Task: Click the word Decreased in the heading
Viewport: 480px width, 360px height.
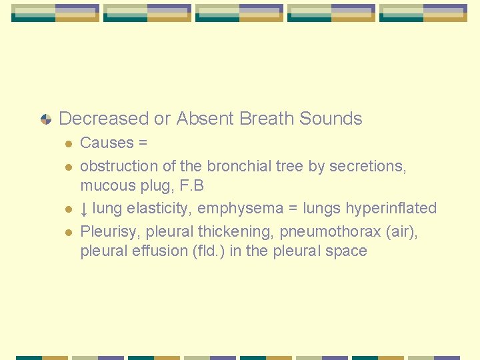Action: (104, 119)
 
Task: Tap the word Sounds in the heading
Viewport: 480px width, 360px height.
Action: (331, 119)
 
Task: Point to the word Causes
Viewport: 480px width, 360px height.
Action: (107, 143)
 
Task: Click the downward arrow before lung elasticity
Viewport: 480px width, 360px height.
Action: (84, 209)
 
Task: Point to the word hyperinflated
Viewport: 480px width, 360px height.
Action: (391, 208)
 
